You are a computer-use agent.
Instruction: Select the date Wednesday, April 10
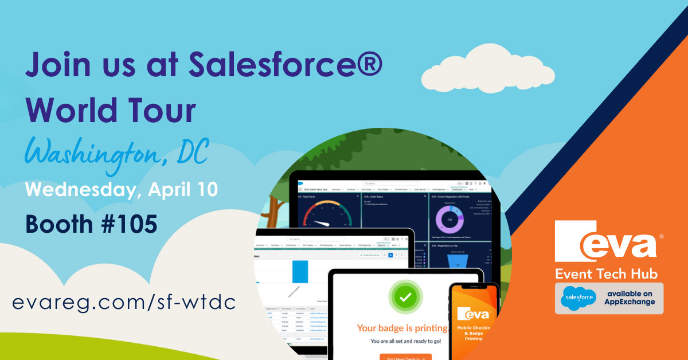121,190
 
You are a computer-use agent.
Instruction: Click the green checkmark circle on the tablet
405,298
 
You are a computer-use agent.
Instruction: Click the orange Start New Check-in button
405,357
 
